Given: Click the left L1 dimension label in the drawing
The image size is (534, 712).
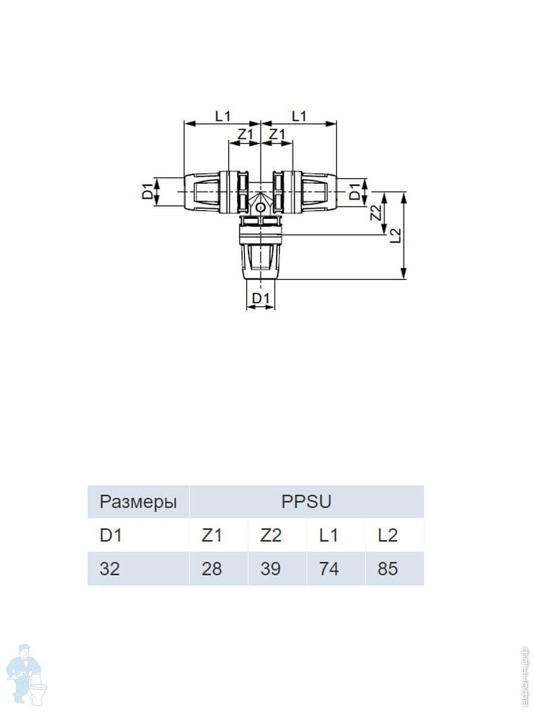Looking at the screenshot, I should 223,116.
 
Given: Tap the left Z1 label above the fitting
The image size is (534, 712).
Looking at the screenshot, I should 244,135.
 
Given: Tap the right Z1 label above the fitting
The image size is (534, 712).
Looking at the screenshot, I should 277,135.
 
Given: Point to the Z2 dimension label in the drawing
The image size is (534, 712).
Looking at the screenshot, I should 375,213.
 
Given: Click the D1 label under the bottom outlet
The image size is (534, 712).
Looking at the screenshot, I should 261,299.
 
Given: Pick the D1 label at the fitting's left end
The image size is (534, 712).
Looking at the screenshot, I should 147,191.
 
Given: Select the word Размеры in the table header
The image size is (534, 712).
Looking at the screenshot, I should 138,502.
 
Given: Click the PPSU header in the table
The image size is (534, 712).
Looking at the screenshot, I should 306,502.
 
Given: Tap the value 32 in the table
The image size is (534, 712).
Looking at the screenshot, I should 110,569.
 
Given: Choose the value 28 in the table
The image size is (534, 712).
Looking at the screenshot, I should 212,569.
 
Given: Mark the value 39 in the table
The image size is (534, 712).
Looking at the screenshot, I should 271,569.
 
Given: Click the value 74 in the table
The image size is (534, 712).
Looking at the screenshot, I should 329,569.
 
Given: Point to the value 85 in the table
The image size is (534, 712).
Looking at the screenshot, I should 387,569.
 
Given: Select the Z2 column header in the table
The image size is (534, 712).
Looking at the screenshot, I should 271,535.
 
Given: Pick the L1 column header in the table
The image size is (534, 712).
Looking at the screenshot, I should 329,535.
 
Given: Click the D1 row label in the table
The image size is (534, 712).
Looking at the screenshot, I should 110,535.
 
